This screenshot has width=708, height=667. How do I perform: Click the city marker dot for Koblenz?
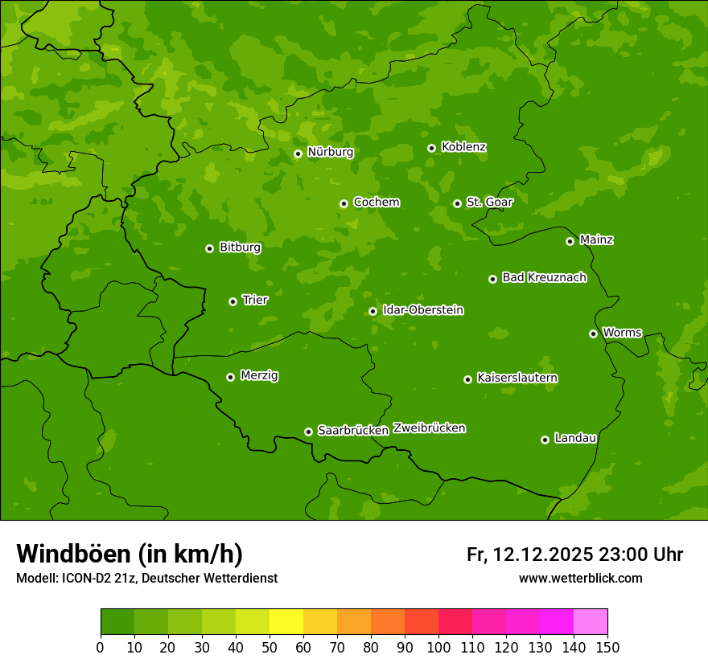pyautogui.click(x=431, y=148)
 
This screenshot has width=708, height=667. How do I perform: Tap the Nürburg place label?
pyautogui.click(x=330, y=152)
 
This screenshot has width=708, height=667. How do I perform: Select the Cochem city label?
pyautogui.click(x=376, y=202)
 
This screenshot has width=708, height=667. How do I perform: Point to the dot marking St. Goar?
pyautogui.click(x=457, y=203)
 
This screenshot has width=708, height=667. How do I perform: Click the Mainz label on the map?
pyautogui.click(x=596, y=239)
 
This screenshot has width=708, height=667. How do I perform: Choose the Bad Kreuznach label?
pyautogui.click(x=544, y=277)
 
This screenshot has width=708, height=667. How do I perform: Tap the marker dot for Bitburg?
pyautogui.click(x=209, y=248)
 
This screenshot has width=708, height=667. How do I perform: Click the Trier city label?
pyautogui.click(x=255, y=300)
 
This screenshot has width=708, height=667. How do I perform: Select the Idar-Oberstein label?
pyautogui.click(x=422, y=309)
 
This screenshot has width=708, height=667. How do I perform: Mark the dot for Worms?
pyautogui.click(x=593, y=333)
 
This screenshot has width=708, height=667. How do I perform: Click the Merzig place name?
pyautogui.click(x=259, y=375)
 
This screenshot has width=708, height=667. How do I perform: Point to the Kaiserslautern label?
pyautogui.click(x=517, y=378)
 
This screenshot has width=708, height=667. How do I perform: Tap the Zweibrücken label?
pyautogui.click(x=429, y=428)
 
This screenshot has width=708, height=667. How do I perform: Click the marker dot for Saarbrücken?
pyautogui.click(x=308, y=432)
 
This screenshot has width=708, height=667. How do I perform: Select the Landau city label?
pyautogui.click(x=575, y=438)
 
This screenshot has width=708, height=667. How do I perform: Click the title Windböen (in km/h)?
pyautogui.click(x=129, y=554)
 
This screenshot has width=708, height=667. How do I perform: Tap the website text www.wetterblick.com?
pyautogui.click(x=580, y=578)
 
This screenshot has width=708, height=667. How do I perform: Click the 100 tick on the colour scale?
pyautogui.click(x=438, y=646)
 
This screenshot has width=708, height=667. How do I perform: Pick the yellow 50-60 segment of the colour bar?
pyautogui.click(x=286, y=622)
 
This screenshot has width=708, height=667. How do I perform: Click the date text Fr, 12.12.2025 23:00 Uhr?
pyautogui.click(x=574, y=554)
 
